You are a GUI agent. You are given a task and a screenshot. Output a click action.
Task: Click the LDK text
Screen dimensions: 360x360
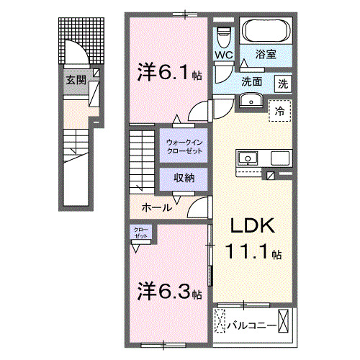(x=252, y=225)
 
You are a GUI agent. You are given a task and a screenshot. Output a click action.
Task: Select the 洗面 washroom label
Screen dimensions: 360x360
(x=251, y=81)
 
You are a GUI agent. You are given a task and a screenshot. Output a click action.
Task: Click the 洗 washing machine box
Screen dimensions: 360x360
(x=284, y=83)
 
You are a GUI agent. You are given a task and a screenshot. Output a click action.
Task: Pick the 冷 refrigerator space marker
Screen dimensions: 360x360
(x=279, y=111)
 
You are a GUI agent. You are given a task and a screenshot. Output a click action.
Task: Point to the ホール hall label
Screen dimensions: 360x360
(x=156, y=207)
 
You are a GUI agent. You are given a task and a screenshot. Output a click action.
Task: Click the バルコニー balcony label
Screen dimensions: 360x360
(x=252, y=325)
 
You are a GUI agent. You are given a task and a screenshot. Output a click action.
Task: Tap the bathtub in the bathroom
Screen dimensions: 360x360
(x=265, y=32)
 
